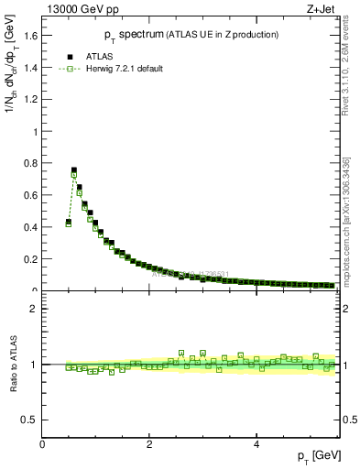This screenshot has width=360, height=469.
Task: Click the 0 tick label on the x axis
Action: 42,443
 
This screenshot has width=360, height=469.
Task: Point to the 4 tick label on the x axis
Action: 256,443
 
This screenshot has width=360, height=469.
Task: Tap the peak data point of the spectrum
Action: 74,170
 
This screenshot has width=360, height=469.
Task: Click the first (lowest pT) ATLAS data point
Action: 69,222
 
